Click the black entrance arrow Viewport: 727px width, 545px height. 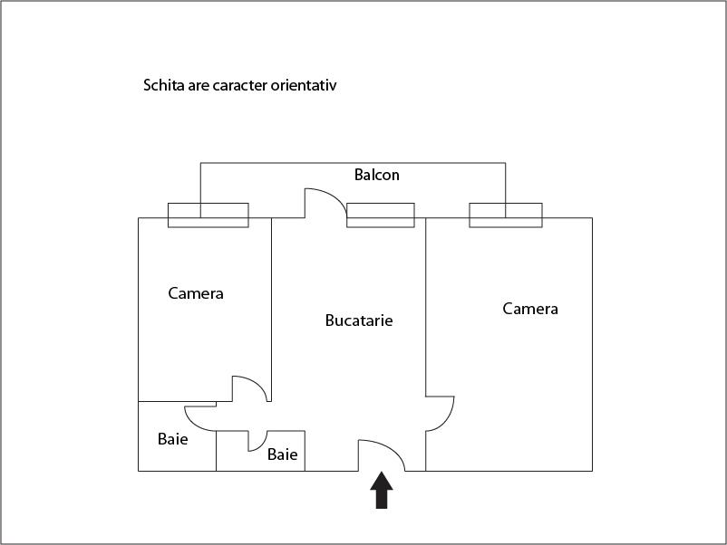pos(382,491)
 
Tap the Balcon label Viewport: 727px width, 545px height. pos(376,175)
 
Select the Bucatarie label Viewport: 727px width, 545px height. pos(359,320)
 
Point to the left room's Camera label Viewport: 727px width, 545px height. pos(196,293)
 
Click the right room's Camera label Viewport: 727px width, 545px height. pos(530,309)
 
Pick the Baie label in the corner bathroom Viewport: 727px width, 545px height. pos(172,439)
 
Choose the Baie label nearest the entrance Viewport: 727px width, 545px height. pos(282,454)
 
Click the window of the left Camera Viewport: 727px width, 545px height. pos(208,215)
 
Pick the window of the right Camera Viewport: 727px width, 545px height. pos(506,215)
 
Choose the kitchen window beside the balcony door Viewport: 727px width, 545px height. pos(381,215)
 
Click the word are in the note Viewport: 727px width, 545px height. pos(199,86)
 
